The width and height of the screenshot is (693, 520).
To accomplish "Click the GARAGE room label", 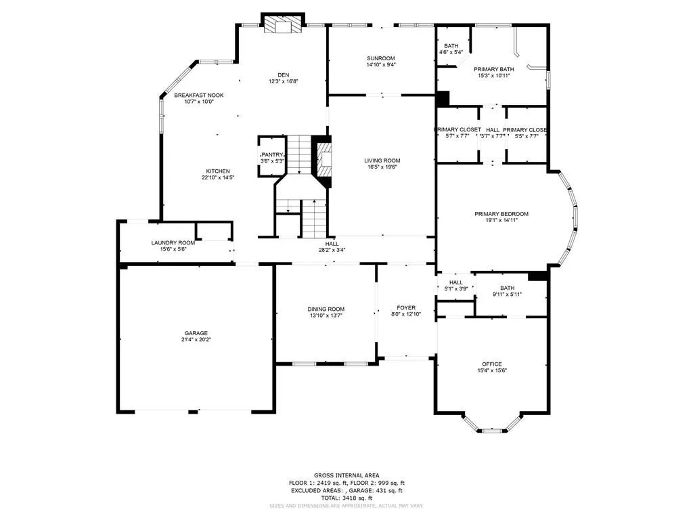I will [x=196, y=333].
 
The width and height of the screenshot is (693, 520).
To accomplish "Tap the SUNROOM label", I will [x=380, y=58].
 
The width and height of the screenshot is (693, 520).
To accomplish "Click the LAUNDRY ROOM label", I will [x=173, y=242].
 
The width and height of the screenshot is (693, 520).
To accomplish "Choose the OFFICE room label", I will [x=491, y=364].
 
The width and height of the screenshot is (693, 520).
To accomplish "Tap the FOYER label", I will [x=406, y=307].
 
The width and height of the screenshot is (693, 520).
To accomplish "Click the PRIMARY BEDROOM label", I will [x=501, y=214].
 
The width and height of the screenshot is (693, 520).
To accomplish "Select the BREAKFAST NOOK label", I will [x=198, y=95].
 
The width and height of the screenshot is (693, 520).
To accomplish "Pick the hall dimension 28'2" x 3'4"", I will [x=332, y=250].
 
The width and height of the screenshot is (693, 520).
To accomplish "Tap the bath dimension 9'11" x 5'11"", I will [x=507, y=294].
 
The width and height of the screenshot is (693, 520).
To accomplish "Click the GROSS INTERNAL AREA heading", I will [x=346, y=475].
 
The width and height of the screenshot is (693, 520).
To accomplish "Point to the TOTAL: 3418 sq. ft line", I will [x=346, y=497].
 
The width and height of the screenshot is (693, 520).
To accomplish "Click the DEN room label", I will [x=284, y=74].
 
